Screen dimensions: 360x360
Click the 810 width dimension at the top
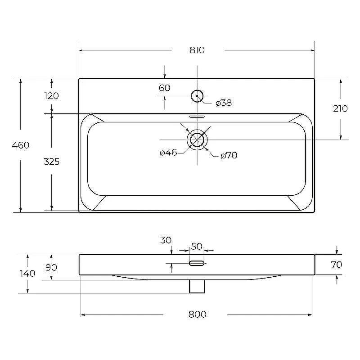click(x=197, y=50)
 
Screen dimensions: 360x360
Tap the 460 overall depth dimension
click(x=20, y=145)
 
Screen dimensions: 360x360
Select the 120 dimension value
click(x=51, y=96)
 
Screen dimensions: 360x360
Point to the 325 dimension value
click(x=51, y=162)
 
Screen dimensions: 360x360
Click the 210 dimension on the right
click(x=341, y=108)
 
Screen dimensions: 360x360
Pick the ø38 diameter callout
click(x=224, y=103)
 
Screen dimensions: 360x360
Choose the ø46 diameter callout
click(x=168, y=153)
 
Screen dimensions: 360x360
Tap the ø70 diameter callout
click(x=229, y=155)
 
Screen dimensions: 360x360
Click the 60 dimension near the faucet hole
click(x=165, y=88)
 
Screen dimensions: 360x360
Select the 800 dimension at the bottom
click(x=198, y=314)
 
